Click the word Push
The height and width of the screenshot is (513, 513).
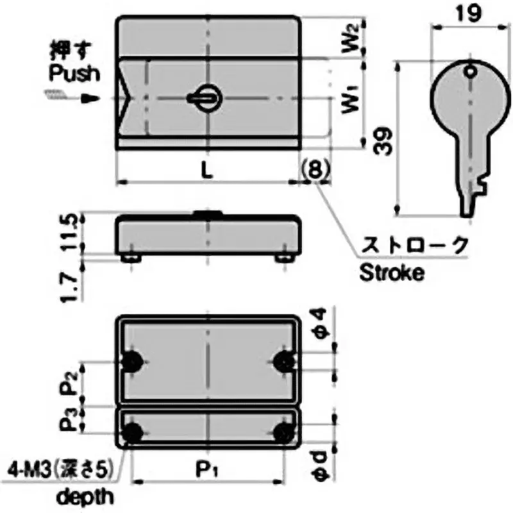75,73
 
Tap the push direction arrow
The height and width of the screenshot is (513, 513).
90,99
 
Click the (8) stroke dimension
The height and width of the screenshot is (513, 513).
314,168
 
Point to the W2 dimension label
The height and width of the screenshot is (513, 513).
349,40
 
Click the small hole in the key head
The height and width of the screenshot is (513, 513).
471,72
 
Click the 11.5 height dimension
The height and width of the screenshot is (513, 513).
75,233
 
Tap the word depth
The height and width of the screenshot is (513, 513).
86,496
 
